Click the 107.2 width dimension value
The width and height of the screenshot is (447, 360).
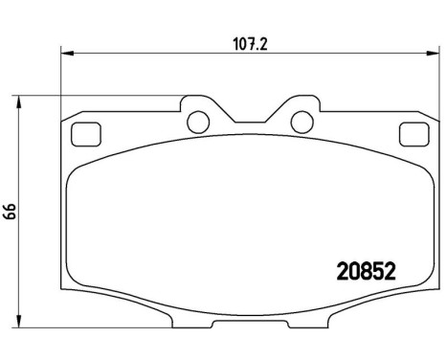point(248,42)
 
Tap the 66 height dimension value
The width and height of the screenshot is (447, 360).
point(11,212)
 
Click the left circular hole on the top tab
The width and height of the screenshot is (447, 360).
point(198,122)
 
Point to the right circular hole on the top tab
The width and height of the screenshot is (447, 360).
point(300,122)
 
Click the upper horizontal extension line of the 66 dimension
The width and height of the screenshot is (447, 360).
point(96,96)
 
